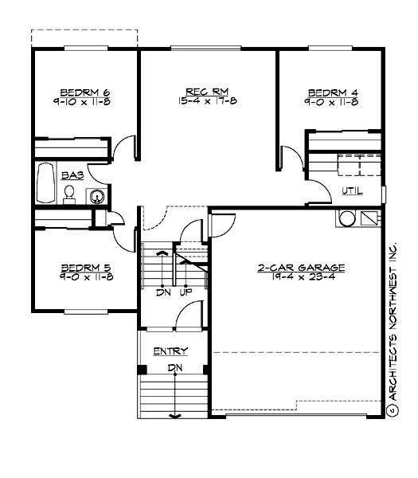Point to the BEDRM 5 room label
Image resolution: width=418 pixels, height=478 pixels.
[x=86, y=268]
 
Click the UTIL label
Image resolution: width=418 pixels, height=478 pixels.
[x=352, y=191]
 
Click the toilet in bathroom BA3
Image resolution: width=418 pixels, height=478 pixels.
[x=69, y=193]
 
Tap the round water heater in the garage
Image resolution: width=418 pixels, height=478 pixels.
[x=346, y=217]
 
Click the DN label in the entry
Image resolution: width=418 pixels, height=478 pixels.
[x=174, y=367]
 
